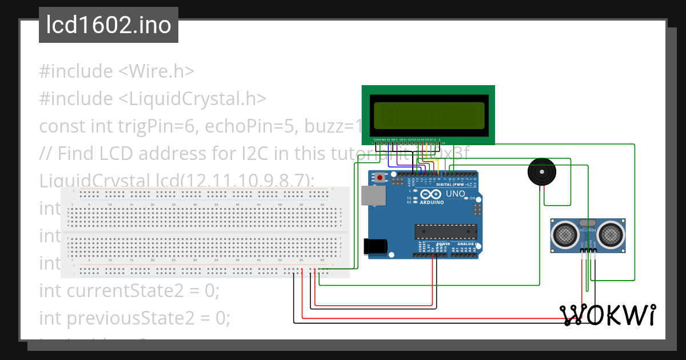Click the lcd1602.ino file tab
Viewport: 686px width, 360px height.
tap(109, 26)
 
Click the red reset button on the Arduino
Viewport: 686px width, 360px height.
tap(380, 178)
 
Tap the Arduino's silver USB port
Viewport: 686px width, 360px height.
tap(373, 196)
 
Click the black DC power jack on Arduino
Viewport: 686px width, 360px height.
tap(376, 246)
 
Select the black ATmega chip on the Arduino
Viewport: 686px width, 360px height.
tap(445, 231)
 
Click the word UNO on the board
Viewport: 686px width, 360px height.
tap(456, 194)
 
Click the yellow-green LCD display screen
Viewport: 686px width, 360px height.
tap(428, 114)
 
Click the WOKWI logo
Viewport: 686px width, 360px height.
tap(608, 315)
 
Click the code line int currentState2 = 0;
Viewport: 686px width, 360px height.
tap(129, 290)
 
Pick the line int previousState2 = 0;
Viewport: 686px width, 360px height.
tap(134, 317)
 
